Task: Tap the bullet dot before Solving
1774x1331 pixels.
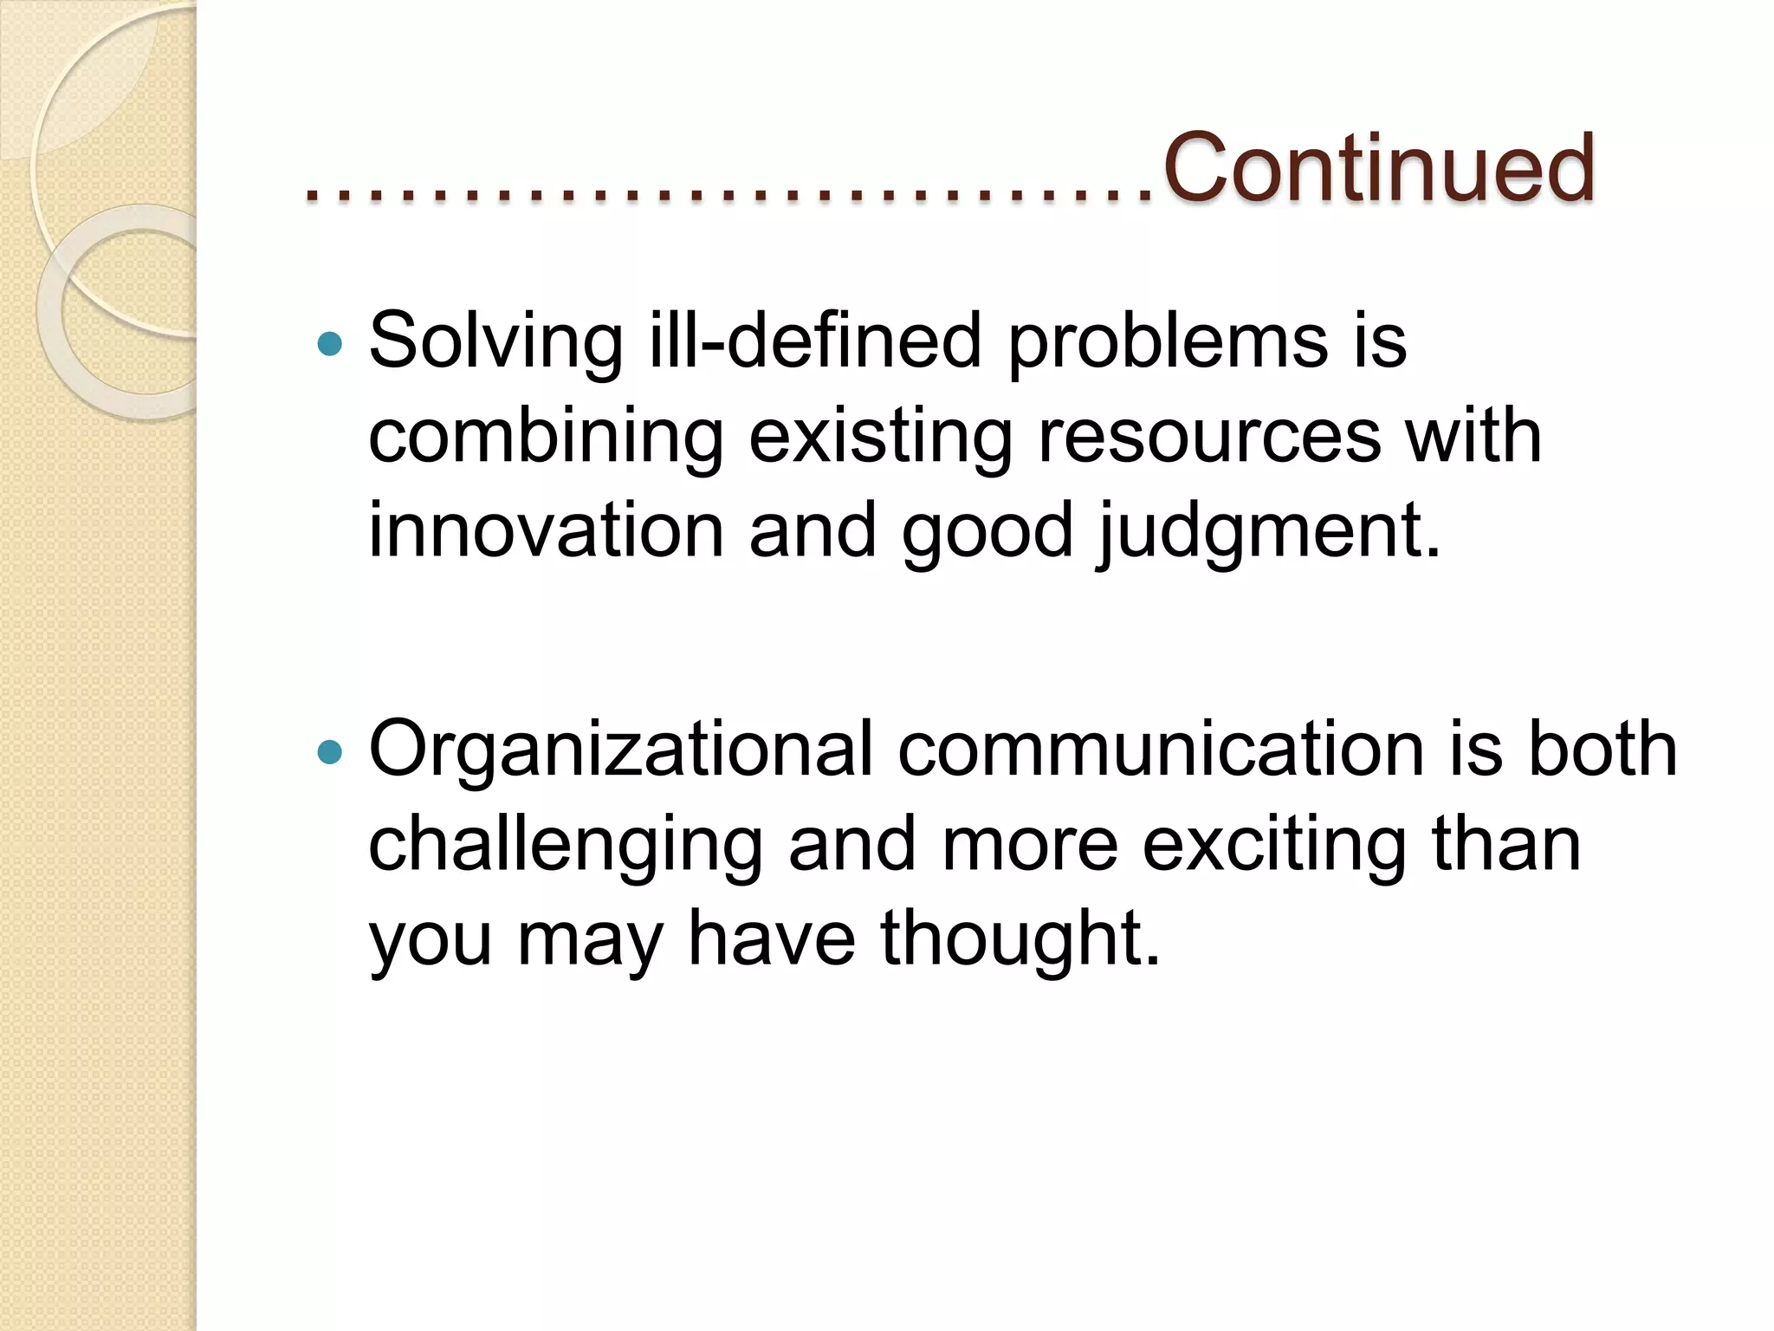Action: [x=330, y=345]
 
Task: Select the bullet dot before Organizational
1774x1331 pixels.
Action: [x=330, y=751]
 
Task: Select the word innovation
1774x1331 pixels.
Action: [x=546, y=530]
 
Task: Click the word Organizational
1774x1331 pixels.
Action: [x=620, y=750]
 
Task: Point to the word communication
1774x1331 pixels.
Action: [x=1161, y=750]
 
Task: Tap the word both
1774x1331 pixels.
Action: [x=1602, y=750]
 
